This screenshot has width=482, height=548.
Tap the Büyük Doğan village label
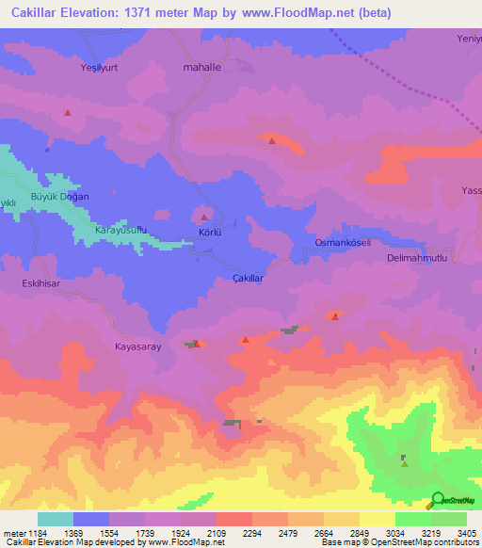(60, 196)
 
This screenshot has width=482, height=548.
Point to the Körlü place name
(209, 231)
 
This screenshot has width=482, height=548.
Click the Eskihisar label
(41, 282)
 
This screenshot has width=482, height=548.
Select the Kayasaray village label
(139, 347)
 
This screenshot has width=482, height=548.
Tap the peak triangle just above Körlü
(204, 217)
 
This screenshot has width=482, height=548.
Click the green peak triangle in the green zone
(404, 461)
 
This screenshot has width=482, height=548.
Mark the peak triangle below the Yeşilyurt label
(68, 112)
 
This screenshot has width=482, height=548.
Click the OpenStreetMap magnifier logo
(438, 501)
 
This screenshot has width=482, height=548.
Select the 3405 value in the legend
(465, 534)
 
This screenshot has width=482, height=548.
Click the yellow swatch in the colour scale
(377, 519)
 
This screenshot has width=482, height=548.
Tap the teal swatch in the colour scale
(55, 519)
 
